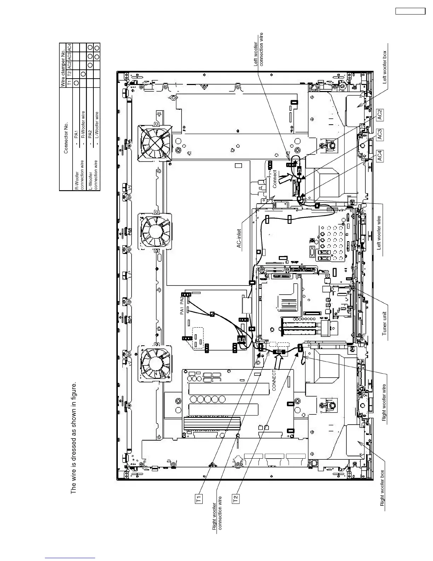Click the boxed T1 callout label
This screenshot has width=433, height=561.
click(x=199, y=499)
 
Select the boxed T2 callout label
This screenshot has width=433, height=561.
click(x=236, y=499)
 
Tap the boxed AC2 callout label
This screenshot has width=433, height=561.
click(x=380, y=115)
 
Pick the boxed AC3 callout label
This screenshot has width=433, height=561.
click(x=380, y=135)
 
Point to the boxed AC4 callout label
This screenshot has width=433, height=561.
click(x=380, y=156)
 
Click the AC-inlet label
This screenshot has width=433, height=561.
click(x=239, y=238)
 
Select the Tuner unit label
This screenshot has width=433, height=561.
click(x=385, y=324)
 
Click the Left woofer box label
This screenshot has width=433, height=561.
click(x=385, y=67)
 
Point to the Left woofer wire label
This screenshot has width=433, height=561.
click(x=379, y=233)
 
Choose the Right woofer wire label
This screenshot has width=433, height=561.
click(x=384, y=403)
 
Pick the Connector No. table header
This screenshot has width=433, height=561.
click(x=66, y=138)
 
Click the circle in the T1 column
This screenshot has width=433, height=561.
click(x=76, y=83)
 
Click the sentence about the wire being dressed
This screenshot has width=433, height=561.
click(x=74, y=438)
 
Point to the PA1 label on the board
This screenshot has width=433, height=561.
click(x=181, y=311)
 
